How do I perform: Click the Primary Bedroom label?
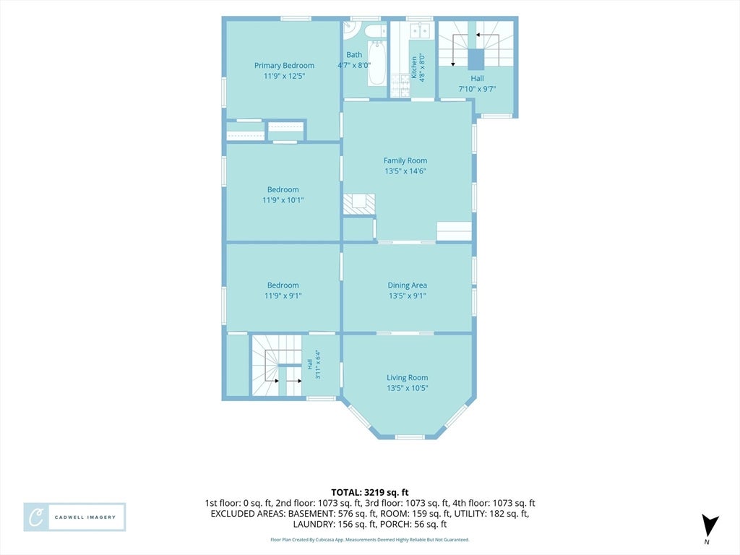pos(284,66)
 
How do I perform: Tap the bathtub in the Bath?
pos(377,64)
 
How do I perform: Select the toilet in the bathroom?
pos(375,31)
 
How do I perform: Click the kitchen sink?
pos(420,30)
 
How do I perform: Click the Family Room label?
pos(405,160)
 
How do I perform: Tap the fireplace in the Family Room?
pos(359,204)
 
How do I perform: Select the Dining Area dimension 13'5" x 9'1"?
pos(408,296)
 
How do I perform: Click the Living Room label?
pos(408,377)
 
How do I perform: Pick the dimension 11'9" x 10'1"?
pos(283,200)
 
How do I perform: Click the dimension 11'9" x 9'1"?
pos(283,296)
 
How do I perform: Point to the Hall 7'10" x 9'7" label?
pos(477,84)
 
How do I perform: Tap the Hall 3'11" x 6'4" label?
pos(314,364)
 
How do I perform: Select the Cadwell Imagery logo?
pos(74,517)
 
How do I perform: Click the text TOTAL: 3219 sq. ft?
pos(369,493)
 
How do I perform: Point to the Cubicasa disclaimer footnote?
pos(369,540)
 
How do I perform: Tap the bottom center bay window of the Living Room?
pos(410,437)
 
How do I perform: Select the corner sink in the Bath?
pos(350,29)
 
